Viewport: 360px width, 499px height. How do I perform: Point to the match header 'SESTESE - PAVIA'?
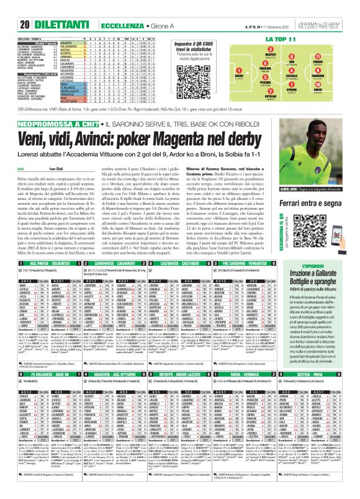click(323, 375)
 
